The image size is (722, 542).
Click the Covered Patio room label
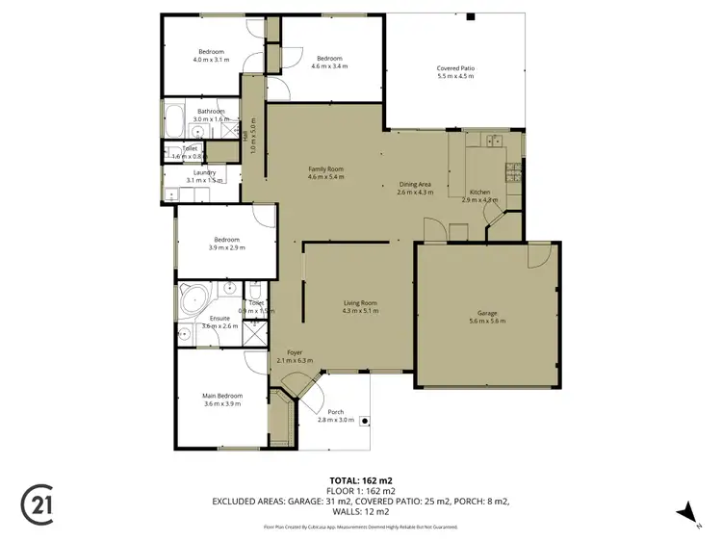coord(455,68)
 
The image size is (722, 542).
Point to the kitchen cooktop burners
coord(517,173)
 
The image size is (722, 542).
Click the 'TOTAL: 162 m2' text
coord(360,479)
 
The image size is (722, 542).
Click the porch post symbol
coord(366,420)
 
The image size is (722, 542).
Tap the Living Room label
coord(360,303)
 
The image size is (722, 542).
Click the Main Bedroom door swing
coord(254,362)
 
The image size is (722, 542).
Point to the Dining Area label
coord(415,184)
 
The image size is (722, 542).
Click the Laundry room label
coord(203,172)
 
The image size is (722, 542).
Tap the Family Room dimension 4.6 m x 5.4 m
coord(325,177)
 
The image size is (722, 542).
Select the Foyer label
coord(289,352)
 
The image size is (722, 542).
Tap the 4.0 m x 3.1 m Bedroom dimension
coord(211,60)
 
